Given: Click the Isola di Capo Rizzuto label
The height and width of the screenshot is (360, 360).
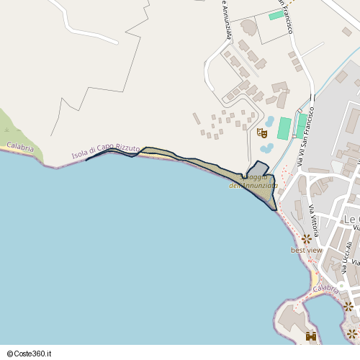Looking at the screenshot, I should coord(106,150).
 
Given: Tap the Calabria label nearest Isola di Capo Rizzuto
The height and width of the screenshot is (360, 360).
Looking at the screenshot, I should coord(20,147).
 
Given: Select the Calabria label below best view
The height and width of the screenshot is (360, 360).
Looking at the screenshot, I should coord(326,289).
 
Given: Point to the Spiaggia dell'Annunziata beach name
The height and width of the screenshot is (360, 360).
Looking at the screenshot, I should coord(253,181).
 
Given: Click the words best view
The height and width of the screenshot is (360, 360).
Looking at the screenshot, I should coord(307,251).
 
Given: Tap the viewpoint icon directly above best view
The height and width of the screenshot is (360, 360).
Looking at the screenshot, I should coord(306,238).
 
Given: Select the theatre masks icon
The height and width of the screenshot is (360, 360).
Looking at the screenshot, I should coord(262,132).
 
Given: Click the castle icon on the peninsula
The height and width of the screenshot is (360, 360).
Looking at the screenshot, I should coord(311,336).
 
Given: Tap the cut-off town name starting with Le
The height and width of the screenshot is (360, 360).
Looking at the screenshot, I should coord(351,219).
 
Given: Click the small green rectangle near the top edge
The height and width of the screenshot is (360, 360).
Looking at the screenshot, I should coord(276,15).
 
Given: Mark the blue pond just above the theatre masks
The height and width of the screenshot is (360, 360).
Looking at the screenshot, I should coord(269,122).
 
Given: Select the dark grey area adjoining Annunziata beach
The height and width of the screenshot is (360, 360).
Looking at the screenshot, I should coord(258,168).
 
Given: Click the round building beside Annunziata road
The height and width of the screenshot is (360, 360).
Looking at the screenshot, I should coord(248,27).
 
